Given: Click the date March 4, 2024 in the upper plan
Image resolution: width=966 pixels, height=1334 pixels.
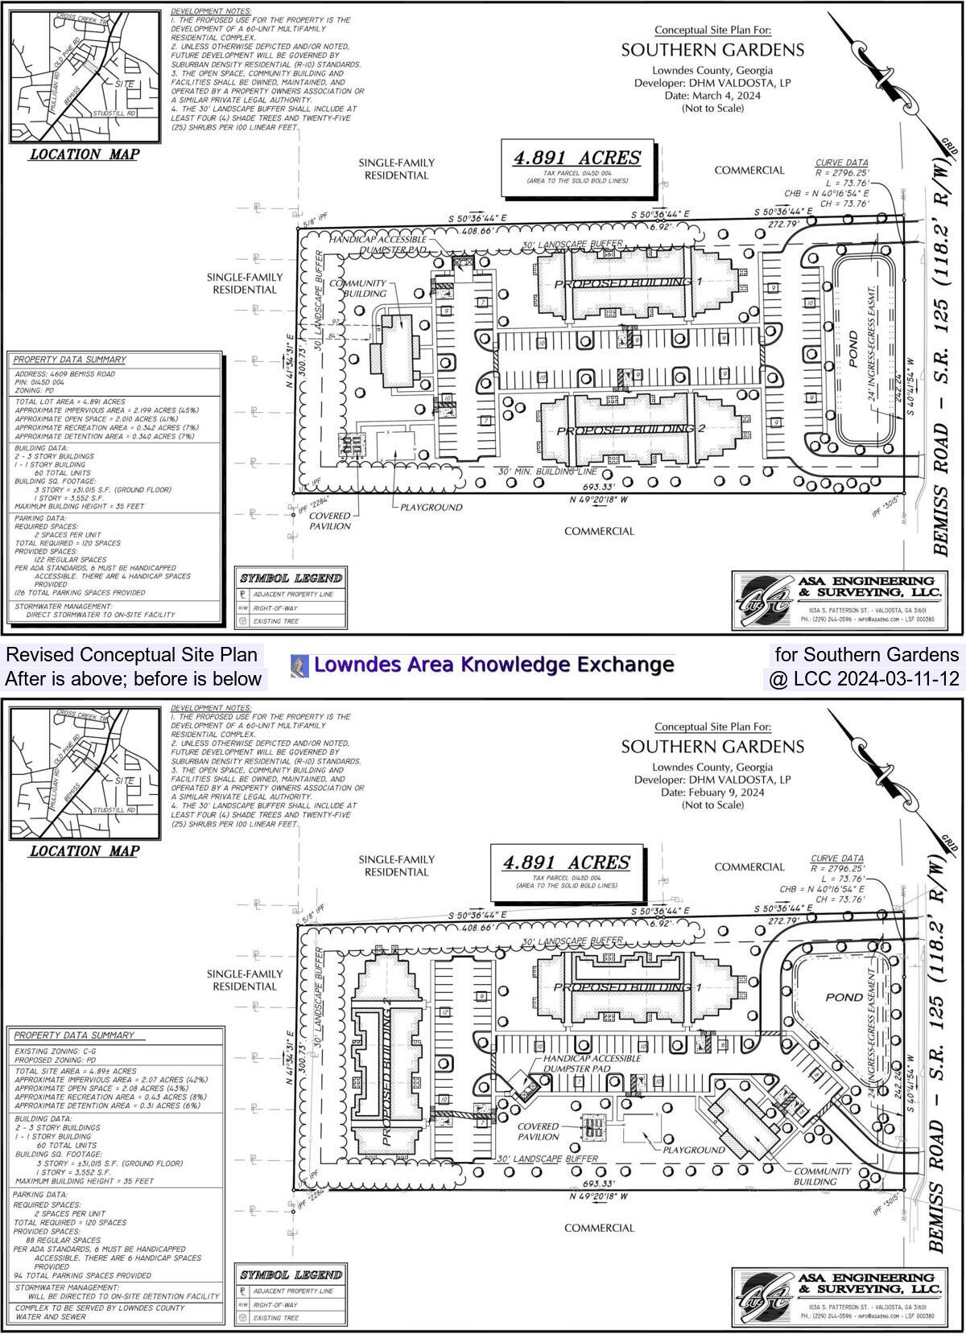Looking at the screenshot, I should point(712,95).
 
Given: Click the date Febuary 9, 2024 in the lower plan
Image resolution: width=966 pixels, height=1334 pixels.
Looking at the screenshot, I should point(712,792).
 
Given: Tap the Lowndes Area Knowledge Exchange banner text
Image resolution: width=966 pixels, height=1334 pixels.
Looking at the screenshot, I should point(493,665).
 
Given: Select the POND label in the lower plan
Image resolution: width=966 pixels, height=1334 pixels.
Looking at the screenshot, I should point(844,997).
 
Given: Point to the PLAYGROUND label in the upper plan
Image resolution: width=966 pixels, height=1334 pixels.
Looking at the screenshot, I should point(431,508).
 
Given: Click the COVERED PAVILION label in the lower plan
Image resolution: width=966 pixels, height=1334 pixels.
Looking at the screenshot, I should point(539,1132).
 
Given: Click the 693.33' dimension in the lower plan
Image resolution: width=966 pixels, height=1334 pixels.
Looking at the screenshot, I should point(598,1184).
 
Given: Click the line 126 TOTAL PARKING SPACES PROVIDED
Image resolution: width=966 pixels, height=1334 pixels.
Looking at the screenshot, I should point(80,593).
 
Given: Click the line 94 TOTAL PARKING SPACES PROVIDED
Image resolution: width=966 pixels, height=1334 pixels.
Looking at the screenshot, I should point(82,1275).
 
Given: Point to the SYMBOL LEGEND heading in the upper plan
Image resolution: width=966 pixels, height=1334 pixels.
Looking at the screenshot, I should point(291,578).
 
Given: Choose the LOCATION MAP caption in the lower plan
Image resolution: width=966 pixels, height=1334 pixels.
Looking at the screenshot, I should point(85,851).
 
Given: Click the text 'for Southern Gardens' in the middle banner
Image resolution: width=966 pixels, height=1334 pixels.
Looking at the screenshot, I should point(866,654).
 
